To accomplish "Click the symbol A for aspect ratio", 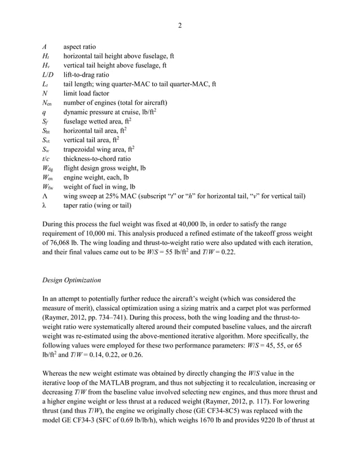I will [45, 47].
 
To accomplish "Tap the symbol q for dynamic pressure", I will [44, 112].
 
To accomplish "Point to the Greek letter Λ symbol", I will [45, 196].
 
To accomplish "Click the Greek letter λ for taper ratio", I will [44, 205].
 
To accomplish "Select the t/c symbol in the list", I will [46, 159].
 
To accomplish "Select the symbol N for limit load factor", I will [45, 94].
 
